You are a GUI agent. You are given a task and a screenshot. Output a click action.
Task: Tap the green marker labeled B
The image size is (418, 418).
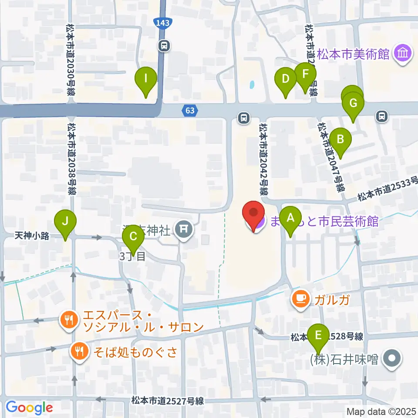pyautogui.click(x=340, y=140)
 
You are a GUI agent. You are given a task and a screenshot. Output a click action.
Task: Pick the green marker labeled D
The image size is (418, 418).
pyautogui.click(x=286, y=79)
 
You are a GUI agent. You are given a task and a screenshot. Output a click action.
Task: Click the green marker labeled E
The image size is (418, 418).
pyautogui.click(x=318, y=335)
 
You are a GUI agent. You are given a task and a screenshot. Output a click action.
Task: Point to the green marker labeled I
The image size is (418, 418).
pyautogui.click(x=147, y=79)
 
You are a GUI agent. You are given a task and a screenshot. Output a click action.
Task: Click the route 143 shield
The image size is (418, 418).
pyautogui.click(x=162, y=22)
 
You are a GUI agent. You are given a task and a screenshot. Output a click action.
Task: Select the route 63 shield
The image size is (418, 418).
pyautogui.click(x=190, y=111)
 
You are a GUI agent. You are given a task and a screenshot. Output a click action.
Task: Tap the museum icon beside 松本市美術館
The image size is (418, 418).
pyautogui.click(x=403, y=54)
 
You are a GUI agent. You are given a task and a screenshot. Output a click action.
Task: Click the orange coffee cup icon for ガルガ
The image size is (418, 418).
pyautogui.click(x=301, y=298)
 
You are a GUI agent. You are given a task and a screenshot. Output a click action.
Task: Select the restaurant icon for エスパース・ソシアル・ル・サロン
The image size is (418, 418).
pyautogui.click(x=68, y=321)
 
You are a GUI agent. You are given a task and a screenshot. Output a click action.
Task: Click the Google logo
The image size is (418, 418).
pyautogui.click(x=29, y=408)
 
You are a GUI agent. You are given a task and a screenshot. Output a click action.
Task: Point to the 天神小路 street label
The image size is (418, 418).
pyautogui.click(x=31, y=236)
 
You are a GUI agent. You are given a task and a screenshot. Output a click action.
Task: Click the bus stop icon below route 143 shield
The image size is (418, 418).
pyautogui.click(x=164, y=45)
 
